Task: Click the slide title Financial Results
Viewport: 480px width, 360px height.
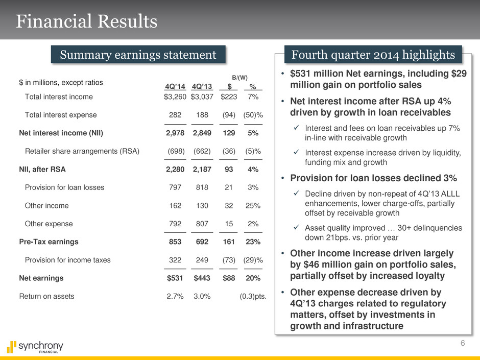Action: pyautogui.click(x=87, y=21)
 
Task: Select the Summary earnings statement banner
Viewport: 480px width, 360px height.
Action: pyautogui.click(x=138, y=55)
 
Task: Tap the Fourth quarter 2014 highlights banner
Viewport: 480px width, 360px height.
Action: pyautogui.click(x=373, y=55)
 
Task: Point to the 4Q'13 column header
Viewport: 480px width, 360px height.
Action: pyautogui.click(x=201, y=86)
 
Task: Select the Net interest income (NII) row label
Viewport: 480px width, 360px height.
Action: pyautogui.click(x=61, y=133)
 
